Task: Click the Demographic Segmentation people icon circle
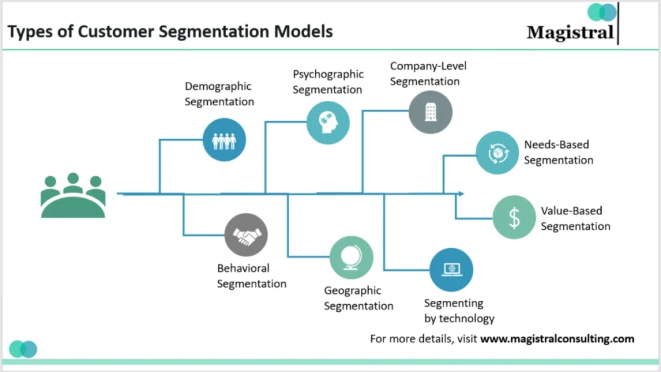coord(224,139)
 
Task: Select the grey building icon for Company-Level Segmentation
coord(430,112)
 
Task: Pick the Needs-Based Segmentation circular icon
coord(497,153)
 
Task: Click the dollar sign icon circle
coord(514,218)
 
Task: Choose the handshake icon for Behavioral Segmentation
coord(246,235)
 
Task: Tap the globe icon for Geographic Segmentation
coord(351,258)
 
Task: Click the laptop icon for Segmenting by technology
coord(451,269)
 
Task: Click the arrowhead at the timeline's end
coord(460,194)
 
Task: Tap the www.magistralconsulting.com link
coord(557,338)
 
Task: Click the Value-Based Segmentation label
coord(575,218)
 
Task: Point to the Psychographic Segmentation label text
coord(328,82)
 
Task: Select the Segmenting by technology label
coord(459,311)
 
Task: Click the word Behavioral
coord(243,268)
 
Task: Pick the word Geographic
coord(352,291)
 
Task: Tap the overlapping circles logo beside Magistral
coord(602,12)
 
